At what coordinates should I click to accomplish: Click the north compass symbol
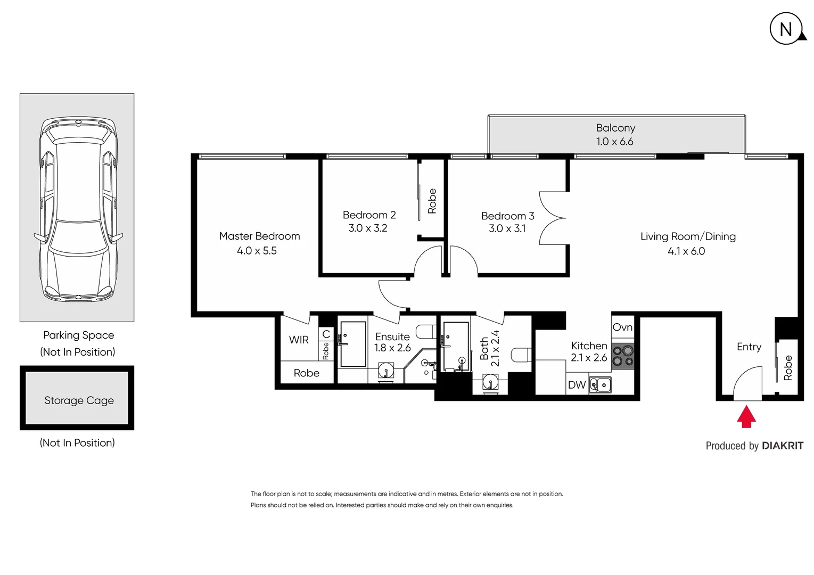coord(786,29)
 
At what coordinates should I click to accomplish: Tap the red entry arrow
coord(746,417)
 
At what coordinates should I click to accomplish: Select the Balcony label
coord(615,128)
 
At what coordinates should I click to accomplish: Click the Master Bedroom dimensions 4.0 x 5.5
coord(257,251)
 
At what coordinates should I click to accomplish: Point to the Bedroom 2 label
coord(369,215)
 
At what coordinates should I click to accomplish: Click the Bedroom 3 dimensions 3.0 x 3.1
coord(507,228)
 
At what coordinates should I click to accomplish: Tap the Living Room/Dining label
coord(688,236)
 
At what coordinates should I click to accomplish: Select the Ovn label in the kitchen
coord(622,327)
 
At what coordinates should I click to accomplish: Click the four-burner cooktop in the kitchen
coord(622,356)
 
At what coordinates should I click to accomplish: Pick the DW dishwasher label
coord(577,385)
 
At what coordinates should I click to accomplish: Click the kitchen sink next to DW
coord(601,384)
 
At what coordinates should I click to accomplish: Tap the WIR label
coord(299,340)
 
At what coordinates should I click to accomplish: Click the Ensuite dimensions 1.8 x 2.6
coord(392,348)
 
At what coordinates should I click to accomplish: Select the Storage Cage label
coord(79,400)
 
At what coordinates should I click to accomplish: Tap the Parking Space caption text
coord(78,335)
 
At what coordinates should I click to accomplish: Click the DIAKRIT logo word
coord(782,446)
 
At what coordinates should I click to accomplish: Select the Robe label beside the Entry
coord(788,367)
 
